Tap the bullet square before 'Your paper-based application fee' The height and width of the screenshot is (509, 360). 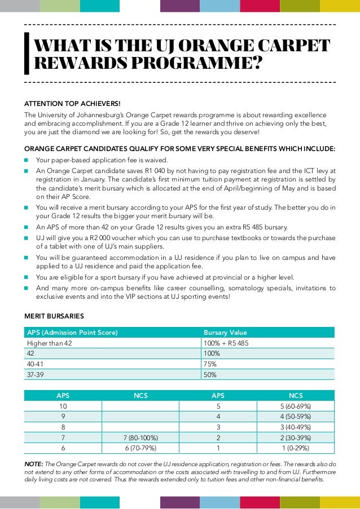(x=26, y=160)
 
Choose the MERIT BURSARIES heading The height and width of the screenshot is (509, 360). (x=54, y=316)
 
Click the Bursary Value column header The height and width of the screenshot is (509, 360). (x=225, y=333)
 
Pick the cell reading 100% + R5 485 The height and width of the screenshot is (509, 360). (x=226, y=343)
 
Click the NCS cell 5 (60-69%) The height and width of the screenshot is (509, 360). (x=296, y=406)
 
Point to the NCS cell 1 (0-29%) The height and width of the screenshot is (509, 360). (x=296, y=448)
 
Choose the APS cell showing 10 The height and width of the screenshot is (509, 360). (x=63, y=406)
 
